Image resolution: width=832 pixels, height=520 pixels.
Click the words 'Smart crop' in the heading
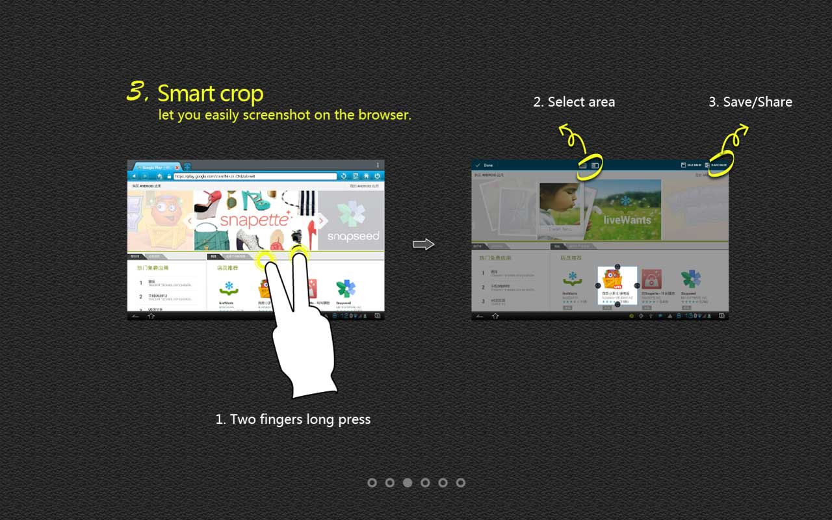pos(210,94)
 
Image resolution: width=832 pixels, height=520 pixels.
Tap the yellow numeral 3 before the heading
pos(136,92)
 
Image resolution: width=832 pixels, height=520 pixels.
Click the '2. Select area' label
pos(574,102)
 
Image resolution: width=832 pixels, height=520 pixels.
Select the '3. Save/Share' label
pos(750,102)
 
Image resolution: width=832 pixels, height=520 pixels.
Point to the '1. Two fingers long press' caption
pos(293,419)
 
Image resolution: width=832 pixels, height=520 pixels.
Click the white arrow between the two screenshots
pos(423,244)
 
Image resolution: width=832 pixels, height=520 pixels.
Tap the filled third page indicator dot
pos(408,482)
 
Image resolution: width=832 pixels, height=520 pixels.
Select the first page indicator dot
pos(372,482)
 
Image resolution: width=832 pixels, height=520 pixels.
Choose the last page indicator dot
pos(461,482)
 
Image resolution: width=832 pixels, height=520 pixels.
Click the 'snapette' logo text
pos(253,220)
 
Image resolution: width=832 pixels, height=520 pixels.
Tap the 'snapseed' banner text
pos(353,236)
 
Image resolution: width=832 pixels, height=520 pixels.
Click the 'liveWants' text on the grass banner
pos(627,220)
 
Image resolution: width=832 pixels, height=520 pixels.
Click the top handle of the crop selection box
pos(616,266)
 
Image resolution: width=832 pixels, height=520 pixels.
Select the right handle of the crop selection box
pos(637,285)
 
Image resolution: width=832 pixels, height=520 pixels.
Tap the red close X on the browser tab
pos(177,167)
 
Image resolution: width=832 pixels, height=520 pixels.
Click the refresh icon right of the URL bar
pos(344,176)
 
